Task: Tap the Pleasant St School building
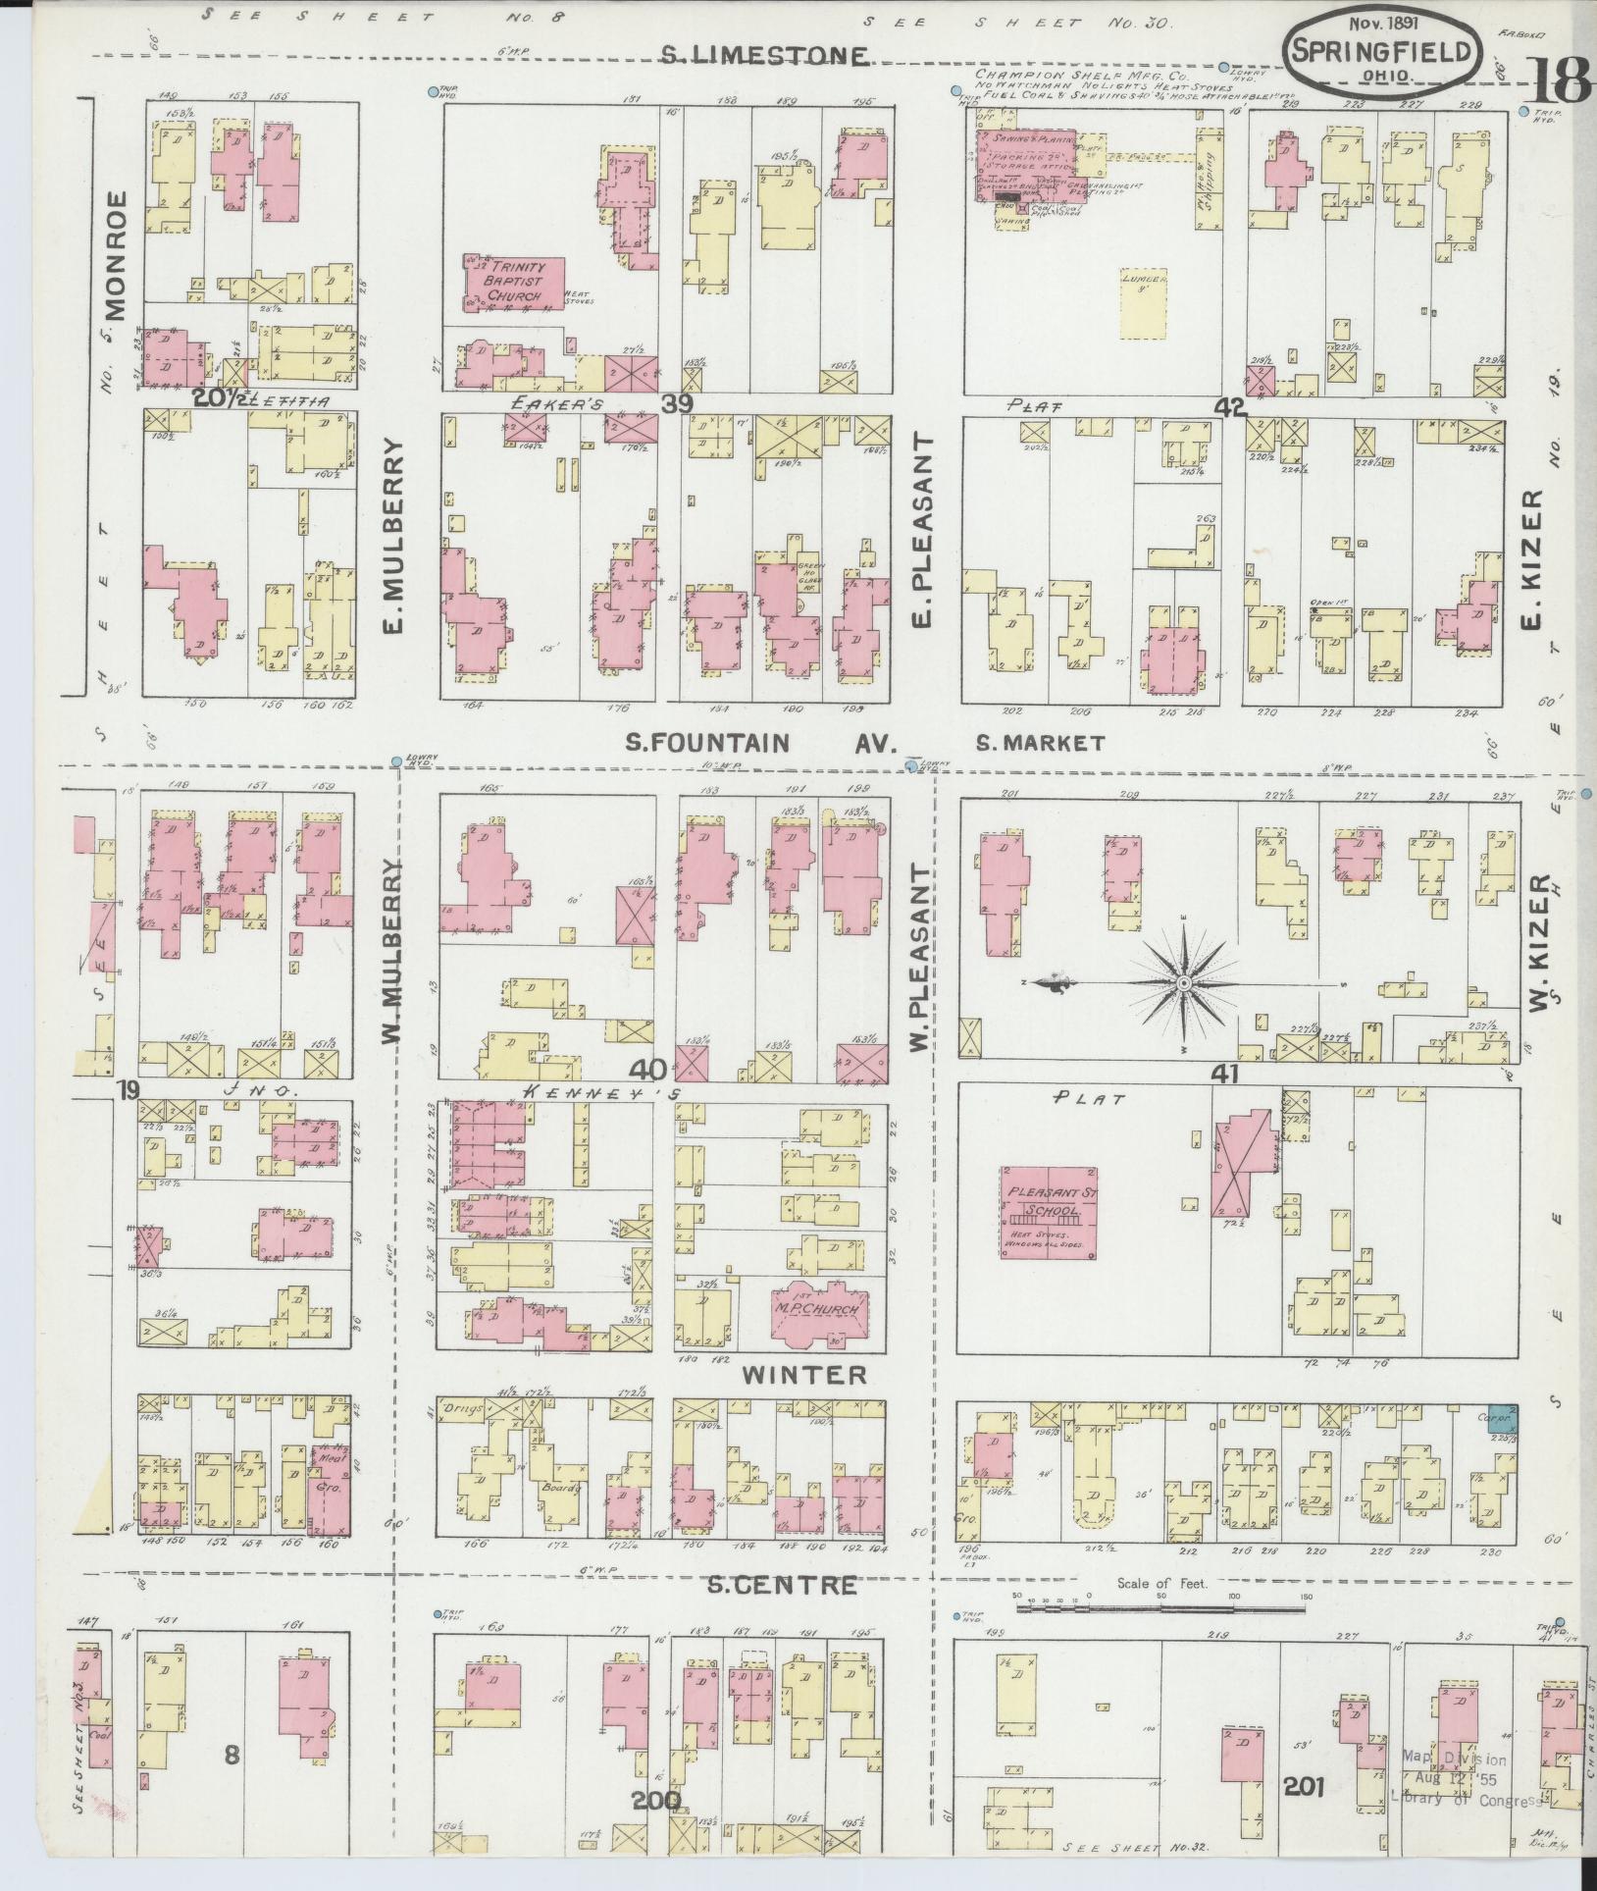point(1049,1212)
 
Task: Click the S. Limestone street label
point(764,56)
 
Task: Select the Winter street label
point(804,1375)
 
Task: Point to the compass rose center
point(1184,982)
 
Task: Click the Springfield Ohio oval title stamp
point(1383,51)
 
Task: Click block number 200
point(657,1801)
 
